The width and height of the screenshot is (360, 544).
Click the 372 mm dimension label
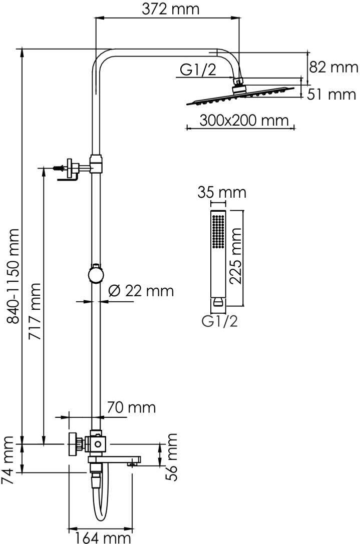(170, 9)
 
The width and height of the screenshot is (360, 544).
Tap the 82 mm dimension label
(333, 67)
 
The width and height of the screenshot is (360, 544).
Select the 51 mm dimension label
(331, 95)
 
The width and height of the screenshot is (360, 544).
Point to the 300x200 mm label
(244, 121)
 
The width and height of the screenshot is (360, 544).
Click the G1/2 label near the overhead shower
(198, 70)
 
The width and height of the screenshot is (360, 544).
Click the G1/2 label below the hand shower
(220, 322)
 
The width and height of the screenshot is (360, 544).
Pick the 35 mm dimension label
(222, 193)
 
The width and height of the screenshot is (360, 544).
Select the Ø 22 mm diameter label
(141, 290)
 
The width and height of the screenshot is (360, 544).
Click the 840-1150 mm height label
(14, 276)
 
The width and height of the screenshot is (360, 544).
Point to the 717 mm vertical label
(35, 312)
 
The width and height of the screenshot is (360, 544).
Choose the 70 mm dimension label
(131, 407)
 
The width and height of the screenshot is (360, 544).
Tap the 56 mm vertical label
(171, 456)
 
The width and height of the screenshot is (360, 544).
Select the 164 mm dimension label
(103, 537)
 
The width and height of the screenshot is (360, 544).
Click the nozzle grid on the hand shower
(218, 231)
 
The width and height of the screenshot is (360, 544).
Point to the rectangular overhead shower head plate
(240, 96)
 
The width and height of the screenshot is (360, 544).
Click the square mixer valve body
(98, 443)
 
